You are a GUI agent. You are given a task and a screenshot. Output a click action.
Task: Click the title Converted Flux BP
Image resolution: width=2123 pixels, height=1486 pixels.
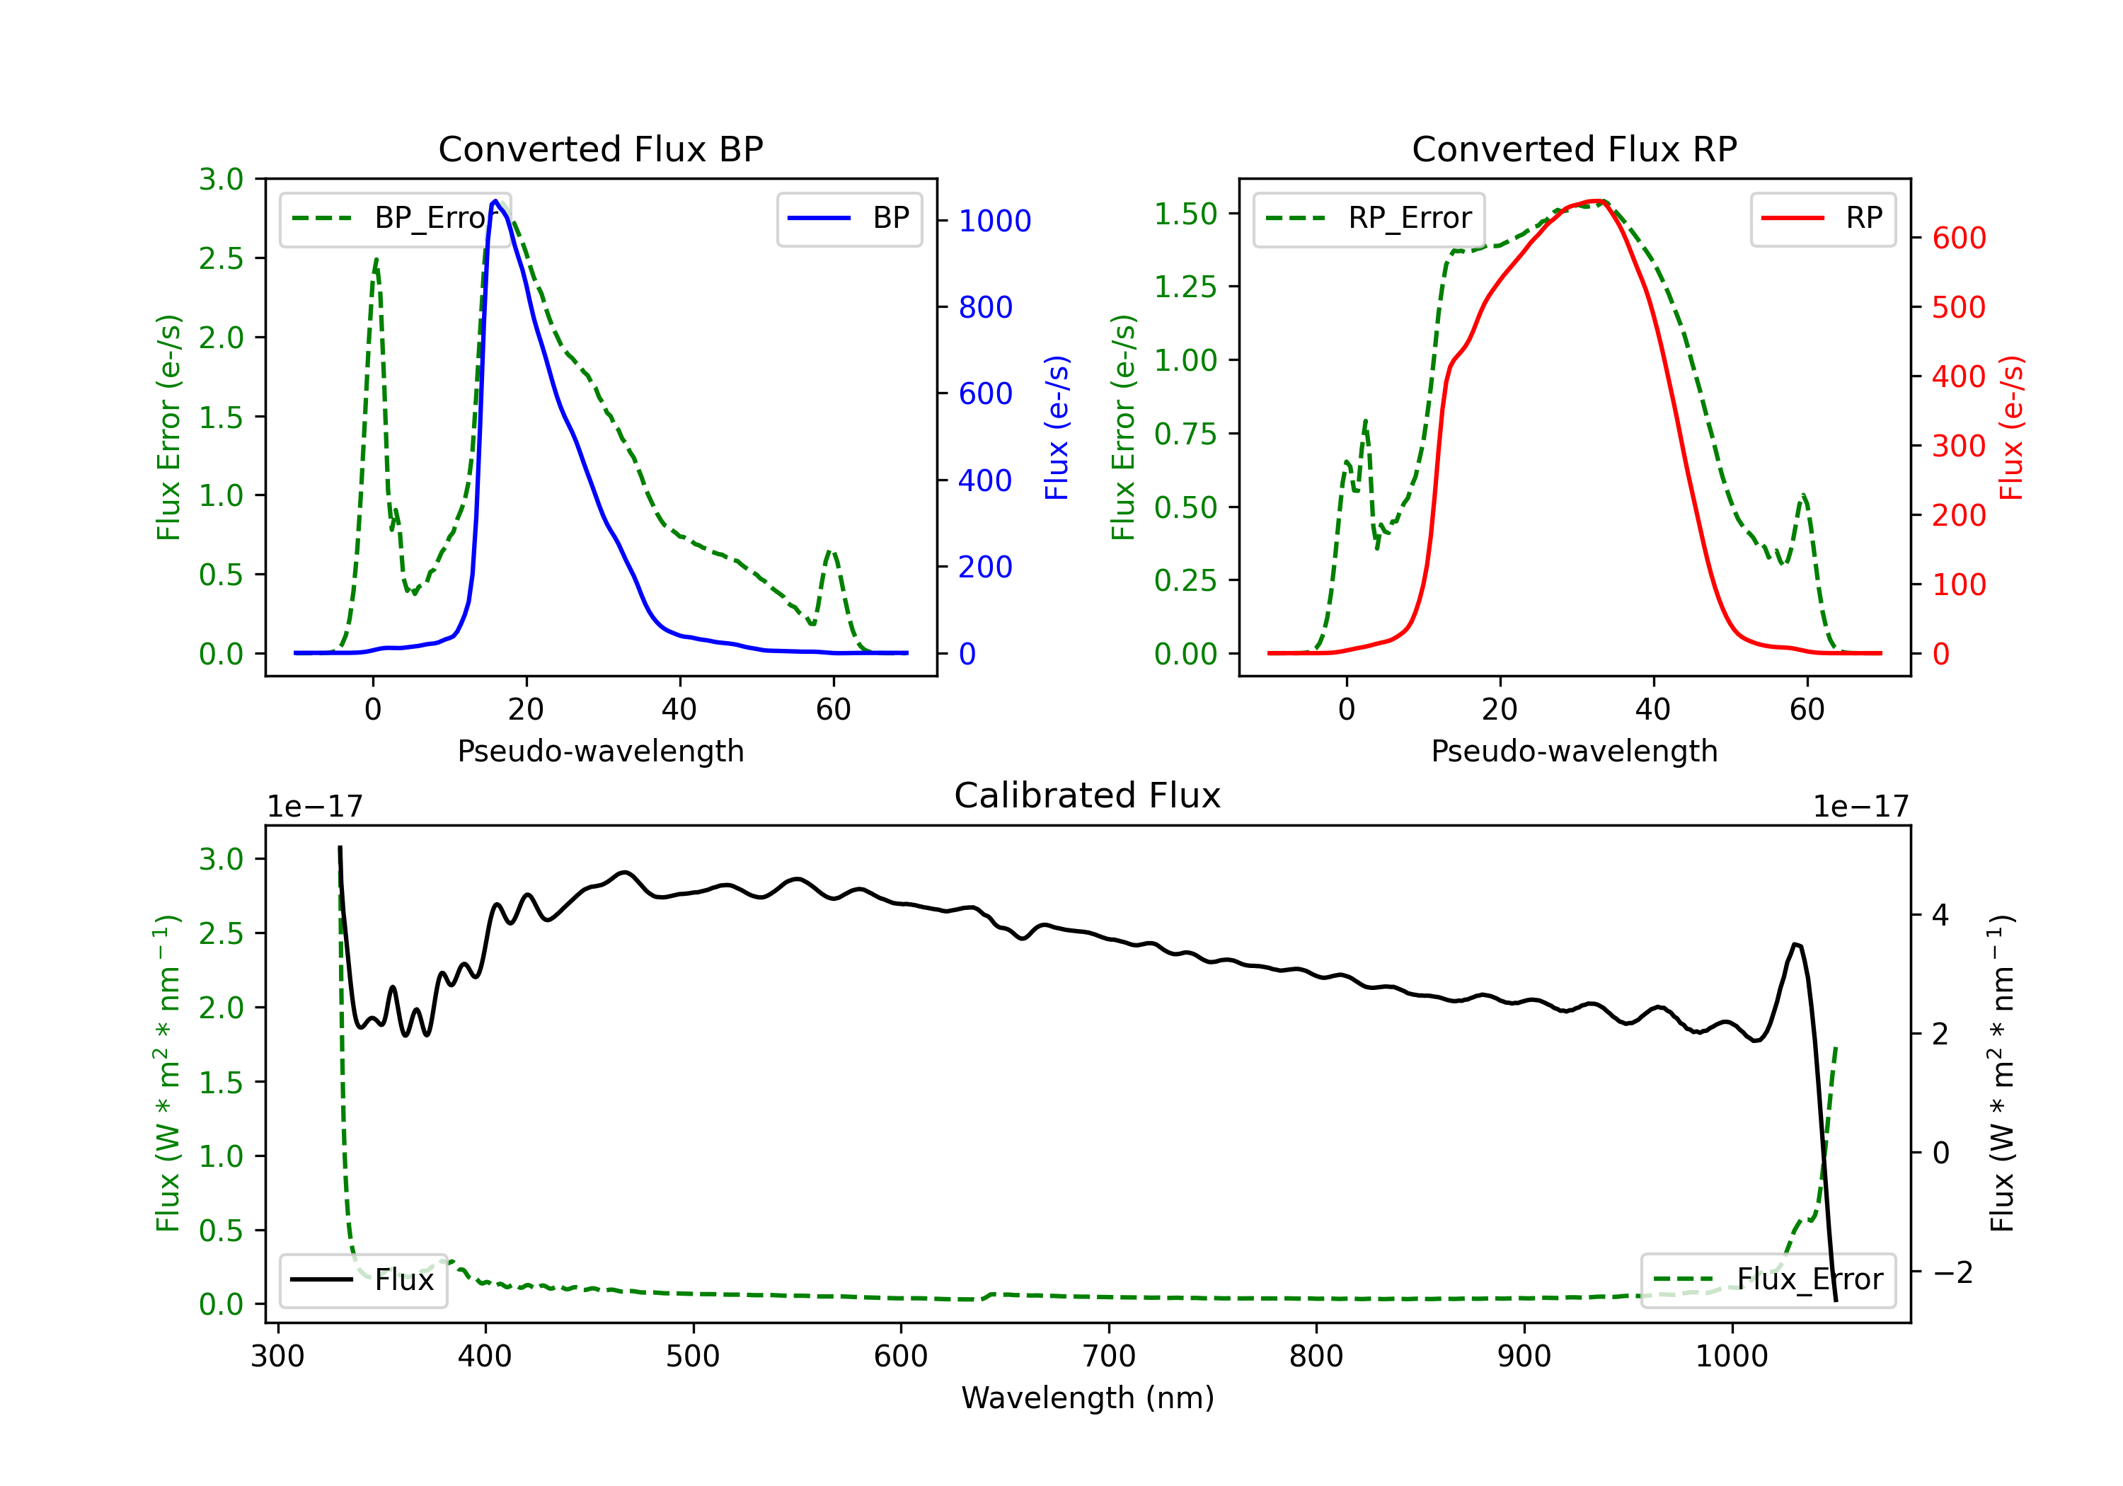[x=600, y=149]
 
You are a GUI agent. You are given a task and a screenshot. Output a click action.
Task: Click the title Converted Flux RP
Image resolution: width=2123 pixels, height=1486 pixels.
[x=1574, y=149]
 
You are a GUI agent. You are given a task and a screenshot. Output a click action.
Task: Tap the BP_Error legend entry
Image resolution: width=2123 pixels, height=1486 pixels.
[x=396, y=218]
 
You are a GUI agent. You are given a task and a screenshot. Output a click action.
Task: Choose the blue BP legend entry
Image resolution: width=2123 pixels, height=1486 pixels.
[x=848, y=218]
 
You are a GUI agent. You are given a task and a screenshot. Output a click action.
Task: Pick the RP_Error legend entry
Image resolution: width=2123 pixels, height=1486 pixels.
[x=1369, y=218]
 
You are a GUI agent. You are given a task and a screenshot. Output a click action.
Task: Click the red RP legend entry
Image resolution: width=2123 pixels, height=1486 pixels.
[x=1822, y=218]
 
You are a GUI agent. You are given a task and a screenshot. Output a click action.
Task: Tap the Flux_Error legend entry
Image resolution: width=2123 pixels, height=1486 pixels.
[x=1768, y=1280]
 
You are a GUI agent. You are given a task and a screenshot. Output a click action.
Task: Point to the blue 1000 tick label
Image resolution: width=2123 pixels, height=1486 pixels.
[x=994, y=221]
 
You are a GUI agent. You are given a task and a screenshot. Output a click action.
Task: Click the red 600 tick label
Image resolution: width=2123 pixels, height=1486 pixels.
[x=1958, y=238]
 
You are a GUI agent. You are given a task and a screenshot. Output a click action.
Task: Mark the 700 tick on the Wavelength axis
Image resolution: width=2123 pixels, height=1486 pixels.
[x=1109, y=1357]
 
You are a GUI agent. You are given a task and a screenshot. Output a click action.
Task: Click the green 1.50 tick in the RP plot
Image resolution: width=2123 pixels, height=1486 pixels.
[x=1185, y=214]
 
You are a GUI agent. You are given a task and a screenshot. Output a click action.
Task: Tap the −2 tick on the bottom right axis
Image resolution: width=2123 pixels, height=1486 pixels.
[x=1952, y=1272]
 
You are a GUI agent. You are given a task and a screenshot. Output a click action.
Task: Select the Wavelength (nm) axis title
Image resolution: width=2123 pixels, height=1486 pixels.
[x=1088, y=1398]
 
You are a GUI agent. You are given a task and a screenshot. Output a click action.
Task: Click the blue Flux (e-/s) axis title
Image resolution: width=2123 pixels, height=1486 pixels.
[x=1057, y=427]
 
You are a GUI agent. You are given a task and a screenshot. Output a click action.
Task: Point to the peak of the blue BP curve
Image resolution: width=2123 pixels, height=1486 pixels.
[x=495, y=201]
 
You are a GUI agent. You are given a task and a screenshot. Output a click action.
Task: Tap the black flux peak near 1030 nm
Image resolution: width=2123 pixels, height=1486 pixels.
[x=1795, y=944]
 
